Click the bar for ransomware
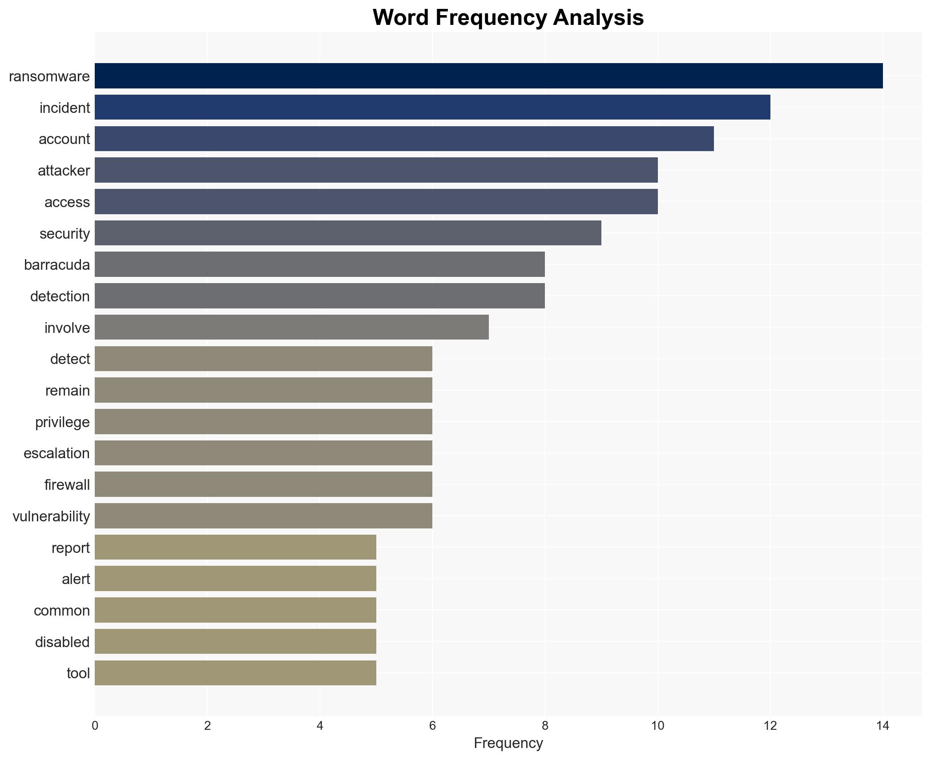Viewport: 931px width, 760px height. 488,76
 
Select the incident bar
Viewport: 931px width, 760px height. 432,108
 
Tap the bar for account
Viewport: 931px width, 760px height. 404,139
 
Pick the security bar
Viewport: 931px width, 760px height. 348,233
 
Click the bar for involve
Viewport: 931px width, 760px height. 291,327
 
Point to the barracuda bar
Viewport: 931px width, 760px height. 319,264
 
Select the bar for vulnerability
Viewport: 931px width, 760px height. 263,516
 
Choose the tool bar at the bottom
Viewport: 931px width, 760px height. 235,673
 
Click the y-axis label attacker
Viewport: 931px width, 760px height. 64,171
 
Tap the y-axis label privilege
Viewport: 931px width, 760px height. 62,422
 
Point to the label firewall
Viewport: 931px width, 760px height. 67,485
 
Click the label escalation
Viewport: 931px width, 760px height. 56,453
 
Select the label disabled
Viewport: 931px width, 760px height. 62,642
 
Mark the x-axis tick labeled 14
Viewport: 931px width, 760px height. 883,726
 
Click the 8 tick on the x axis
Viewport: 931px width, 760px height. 545,726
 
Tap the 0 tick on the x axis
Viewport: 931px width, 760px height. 95,726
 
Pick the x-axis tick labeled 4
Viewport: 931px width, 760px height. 320,726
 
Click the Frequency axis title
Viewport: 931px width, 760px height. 508,743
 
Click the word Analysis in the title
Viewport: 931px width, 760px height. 598,18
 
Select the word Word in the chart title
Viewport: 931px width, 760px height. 402,18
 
